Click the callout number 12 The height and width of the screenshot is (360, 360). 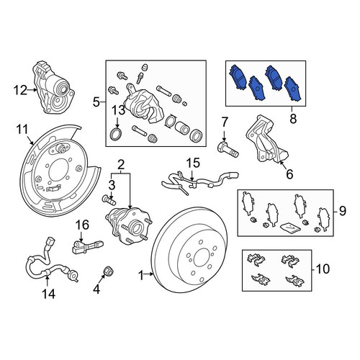(x=20, y=91)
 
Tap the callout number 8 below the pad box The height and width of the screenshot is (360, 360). (x=293, y=119)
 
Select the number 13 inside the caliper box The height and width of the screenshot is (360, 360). (x=119, y=110)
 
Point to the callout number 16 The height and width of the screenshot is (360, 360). (x=82, y=225)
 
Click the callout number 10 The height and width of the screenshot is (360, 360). (x=323, y=269)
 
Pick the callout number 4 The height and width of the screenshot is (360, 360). (x=96, y=289)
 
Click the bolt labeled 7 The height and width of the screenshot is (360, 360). (x=228, y=149)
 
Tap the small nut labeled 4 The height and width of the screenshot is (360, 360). (x=108, y=271)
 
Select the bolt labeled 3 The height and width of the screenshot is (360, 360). (x=109, y=199)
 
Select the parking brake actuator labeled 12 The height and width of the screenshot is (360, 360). (x=53, y=87)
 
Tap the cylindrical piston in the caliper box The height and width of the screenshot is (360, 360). (x=181, y=127)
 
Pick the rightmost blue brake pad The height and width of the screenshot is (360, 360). (x=294, y=89)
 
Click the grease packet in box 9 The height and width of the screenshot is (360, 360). (x=290, y=228)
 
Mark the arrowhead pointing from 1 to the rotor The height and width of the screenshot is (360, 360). (x=151, y=274)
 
